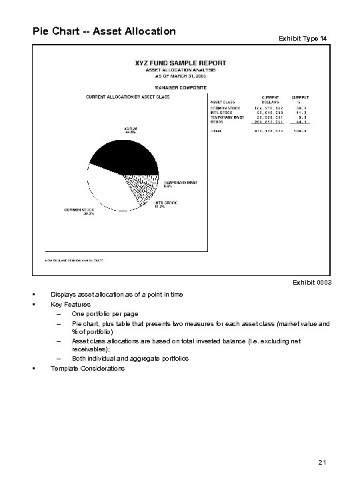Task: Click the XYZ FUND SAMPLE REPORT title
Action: click(180, 62)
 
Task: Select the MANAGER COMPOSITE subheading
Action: click(180, 87)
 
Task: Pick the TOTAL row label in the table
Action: click(216, 133)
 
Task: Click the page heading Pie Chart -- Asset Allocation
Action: click(104, 31)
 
